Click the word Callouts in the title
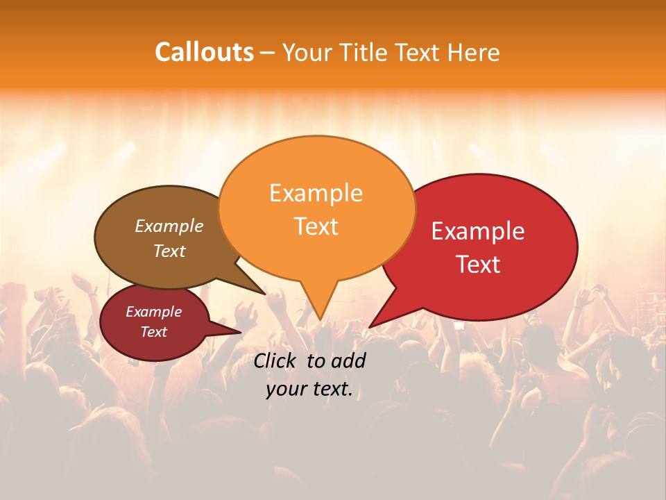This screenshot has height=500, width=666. [x=204, y=52]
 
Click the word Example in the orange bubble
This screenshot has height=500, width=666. [x=316, y=193]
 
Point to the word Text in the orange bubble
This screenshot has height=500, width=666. [x=316, y=226]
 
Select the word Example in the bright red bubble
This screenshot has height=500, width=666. [x=478, y=231]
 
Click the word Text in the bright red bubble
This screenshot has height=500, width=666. [x=478, y=265]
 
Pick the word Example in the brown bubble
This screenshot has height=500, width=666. [x=169, y=226]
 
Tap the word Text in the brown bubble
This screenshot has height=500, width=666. [x=169, y=251]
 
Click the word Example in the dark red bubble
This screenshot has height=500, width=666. [x=153, y=312]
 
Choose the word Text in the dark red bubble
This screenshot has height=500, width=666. [x=153, y=332]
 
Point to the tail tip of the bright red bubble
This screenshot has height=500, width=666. [x=370, y=326]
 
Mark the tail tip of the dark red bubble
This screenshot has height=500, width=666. [x=240, y=332]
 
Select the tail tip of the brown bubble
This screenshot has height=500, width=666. [x=264, y=293]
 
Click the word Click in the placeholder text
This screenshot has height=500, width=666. [x=277, y=360]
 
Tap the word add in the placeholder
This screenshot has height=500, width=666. [x=349, y=360]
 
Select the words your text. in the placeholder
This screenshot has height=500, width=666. [x=309, y=390]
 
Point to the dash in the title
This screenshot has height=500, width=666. [x=268, y=53]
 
